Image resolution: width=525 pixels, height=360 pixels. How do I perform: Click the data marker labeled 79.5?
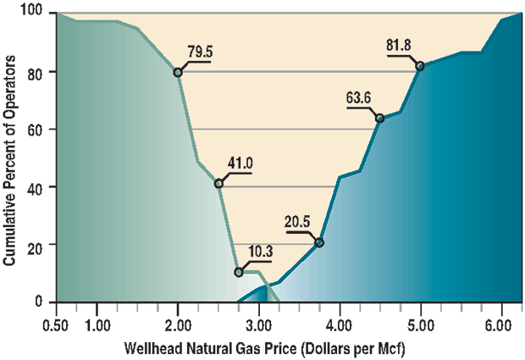pyautogui.click(x=178, y=73)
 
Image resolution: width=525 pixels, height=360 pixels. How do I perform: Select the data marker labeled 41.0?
pyautogui.click(x=218, y=184)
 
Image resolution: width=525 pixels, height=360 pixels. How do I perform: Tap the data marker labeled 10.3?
pyautogui.click(x=239, y=272)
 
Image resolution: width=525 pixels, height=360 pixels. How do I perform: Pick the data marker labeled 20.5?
pyautogui.click(x=319, y=243)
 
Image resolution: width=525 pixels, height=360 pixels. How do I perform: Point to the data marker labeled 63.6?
pyautogui.click(x=379, y=118)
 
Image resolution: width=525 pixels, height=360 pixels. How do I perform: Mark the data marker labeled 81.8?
pyautogui.click(x=420, y=66)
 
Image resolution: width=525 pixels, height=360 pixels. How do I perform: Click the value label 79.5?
pyautogui.click(x=200, y=52)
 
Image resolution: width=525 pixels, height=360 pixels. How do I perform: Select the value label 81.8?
pyautogui.click(x=400, y=47)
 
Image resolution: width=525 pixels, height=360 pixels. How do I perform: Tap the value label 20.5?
pyautogui.click(x=297, y=223)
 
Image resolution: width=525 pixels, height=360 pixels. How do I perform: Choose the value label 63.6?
pyautogui.click(x=359, y=97)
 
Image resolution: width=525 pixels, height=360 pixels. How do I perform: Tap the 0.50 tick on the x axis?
pyautogui.click(x=56, y=324)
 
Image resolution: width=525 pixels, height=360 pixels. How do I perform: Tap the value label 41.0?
pyautogui.click(x=240, y=163)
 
